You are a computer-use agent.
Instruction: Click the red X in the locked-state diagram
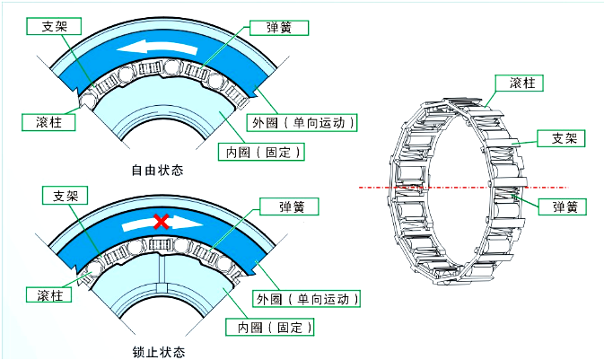(x=162, y=221)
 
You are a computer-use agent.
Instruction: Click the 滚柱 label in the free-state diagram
(x=42, y=121)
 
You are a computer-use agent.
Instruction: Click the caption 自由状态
(x=157, y=171)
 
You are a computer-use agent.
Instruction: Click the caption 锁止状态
(x=157, y=351)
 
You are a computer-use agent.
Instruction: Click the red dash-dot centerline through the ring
(x=377, y=188)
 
